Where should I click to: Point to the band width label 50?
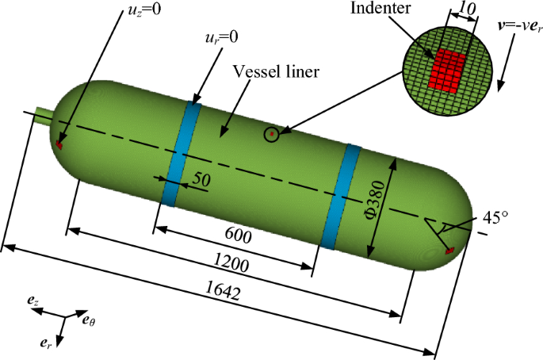201,180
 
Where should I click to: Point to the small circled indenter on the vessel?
272,134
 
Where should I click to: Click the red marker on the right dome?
449,251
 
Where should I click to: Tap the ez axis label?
32,301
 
